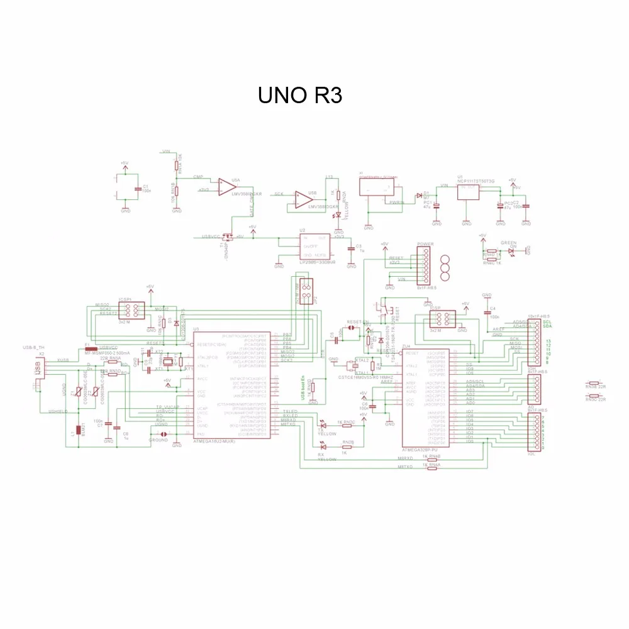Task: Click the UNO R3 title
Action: [299, 96]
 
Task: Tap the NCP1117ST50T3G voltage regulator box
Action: [467, 193]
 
